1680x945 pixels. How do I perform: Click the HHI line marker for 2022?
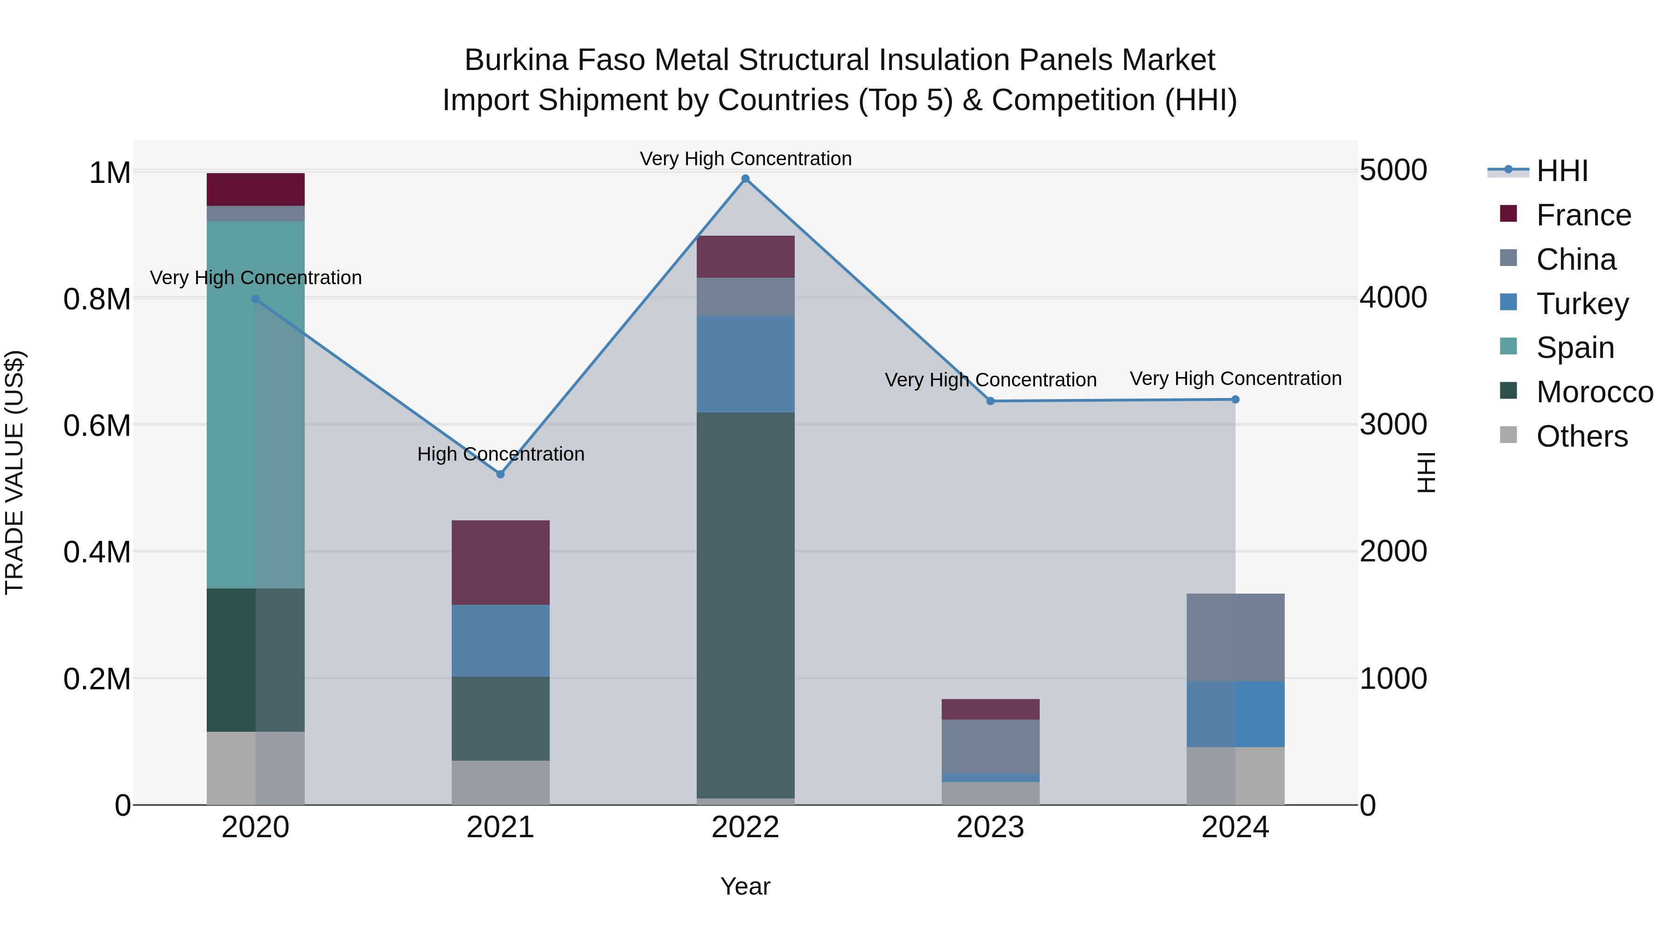[745, 179]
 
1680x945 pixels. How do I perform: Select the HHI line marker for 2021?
[500, 474]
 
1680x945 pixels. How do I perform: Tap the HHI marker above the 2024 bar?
[1235, 400]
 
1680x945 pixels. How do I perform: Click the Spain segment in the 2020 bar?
[256, 404]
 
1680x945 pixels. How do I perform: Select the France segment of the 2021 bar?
[500, 562]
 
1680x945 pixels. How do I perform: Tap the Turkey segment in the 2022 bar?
[745, 364]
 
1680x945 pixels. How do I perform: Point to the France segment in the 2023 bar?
[990, 709]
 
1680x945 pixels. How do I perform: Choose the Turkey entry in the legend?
[1582, 304]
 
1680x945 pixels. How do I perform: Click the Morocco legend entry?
[1594, 392]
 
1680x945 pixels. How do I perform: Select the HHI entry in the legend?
[1561, 171]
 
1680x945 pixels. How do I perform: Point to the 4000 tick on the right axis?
[1393, 298]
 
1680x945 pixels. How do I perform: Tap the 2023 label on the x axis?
[990, 827]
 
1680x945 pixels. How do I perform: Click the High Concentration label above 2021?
[500, 454]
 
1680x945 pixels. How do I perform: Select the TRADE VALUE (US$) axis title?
[14, 472]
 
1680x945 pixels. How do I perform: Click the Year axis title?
[745, 886]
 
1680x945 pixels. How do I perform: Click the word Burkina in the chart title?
[511, 60]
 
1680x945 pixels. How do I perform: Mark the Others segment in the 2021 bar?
[500, 782]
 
